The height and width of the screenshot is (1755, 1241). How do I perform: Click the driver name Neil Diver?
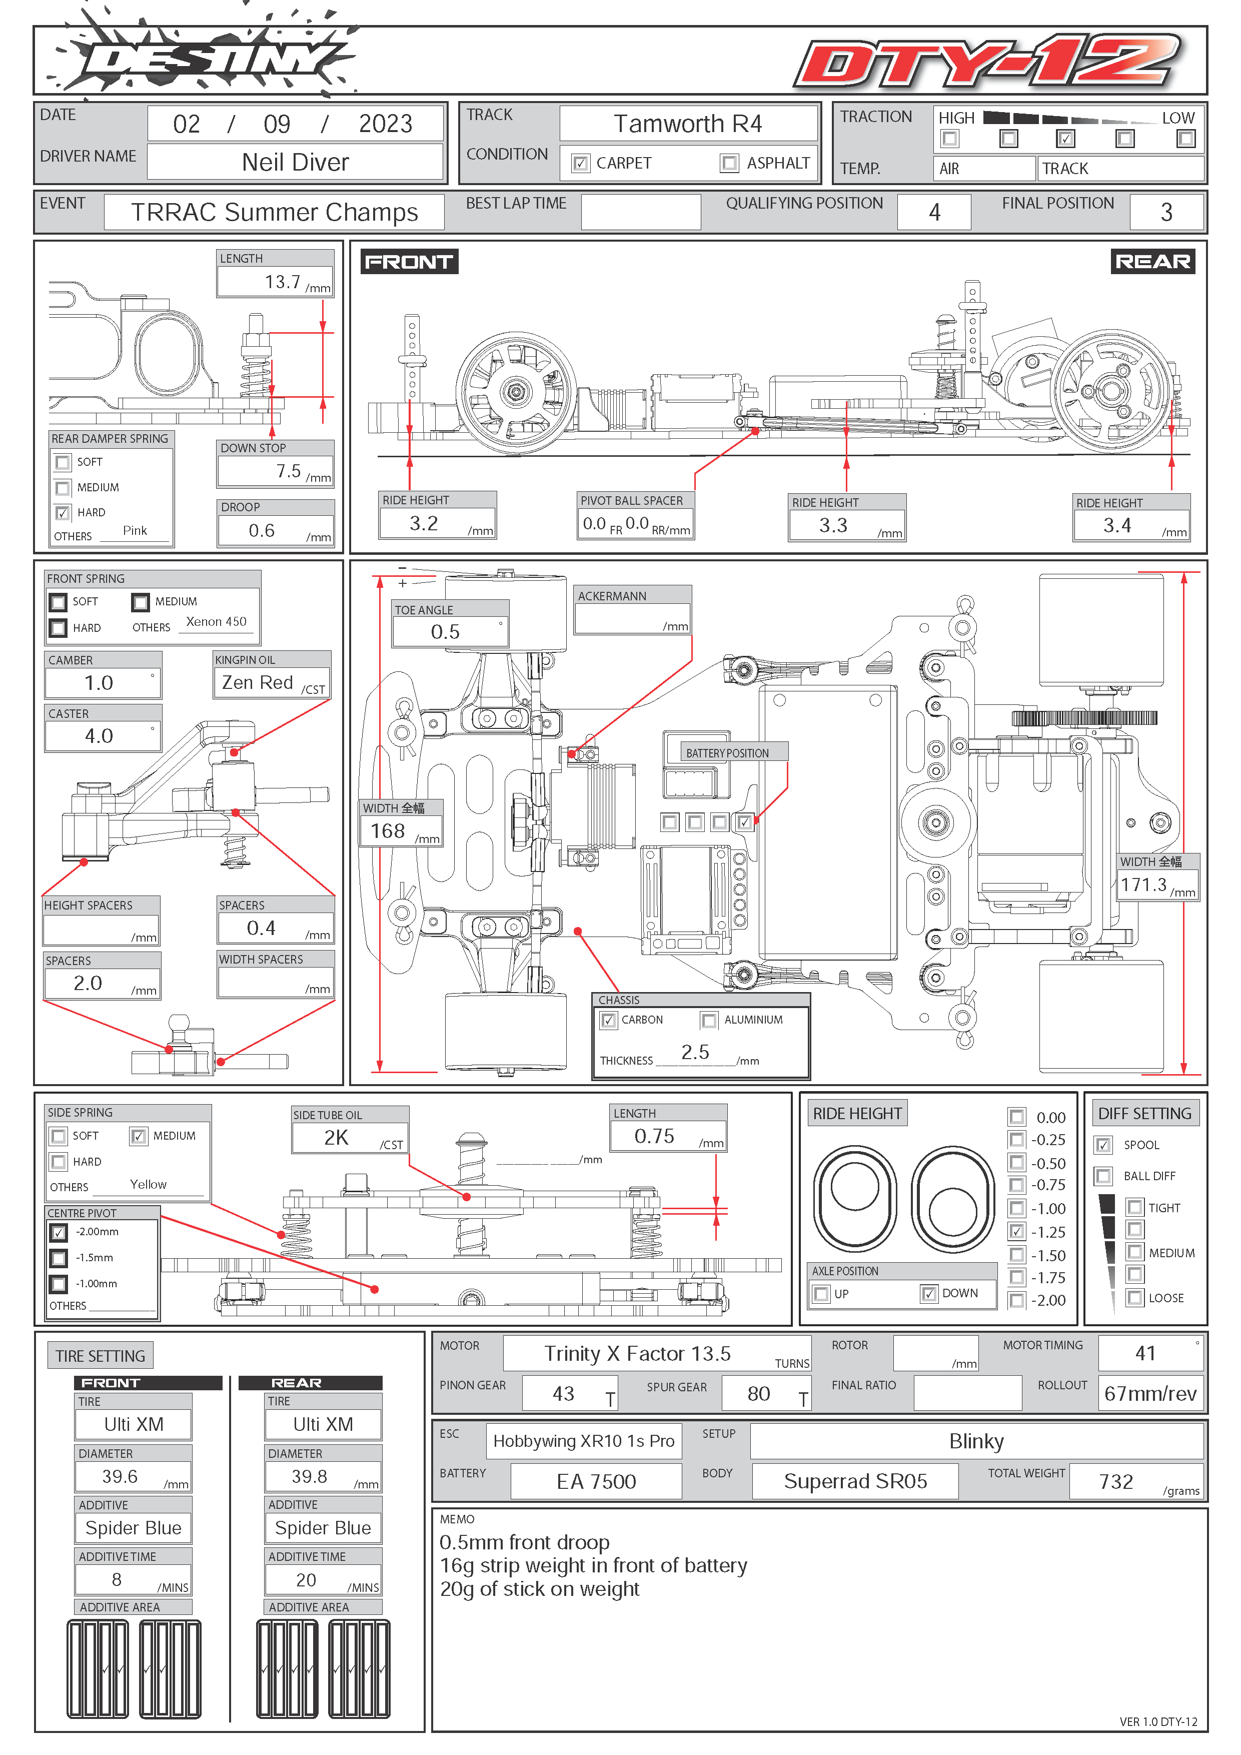click(x=295, y=162)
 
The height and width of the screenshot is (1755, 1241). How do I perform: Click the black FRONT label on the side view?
click(x=409, y=262)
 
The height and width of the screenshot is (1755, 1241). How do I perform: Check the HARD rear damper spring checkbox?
click(x=63, y=513)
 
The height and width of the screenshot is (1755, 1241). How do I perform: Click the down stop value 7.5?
click(x=288, y=471)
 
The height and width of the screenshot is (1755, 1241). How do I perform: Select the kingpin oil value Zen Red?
click(x=258, y=682)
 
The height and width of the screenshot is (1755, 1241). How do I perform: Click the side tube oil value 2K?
click(x=336, y=1138)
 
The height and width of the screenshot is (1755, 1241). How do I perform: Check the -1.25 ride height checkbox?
click(x=1016, y=1231)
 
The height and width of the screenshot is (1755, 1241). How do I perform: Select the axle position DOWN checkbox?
click(x=928, y=1293)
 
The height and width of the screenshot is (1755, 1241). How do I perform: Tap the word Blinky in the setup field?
click(x=976, y=1442)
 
